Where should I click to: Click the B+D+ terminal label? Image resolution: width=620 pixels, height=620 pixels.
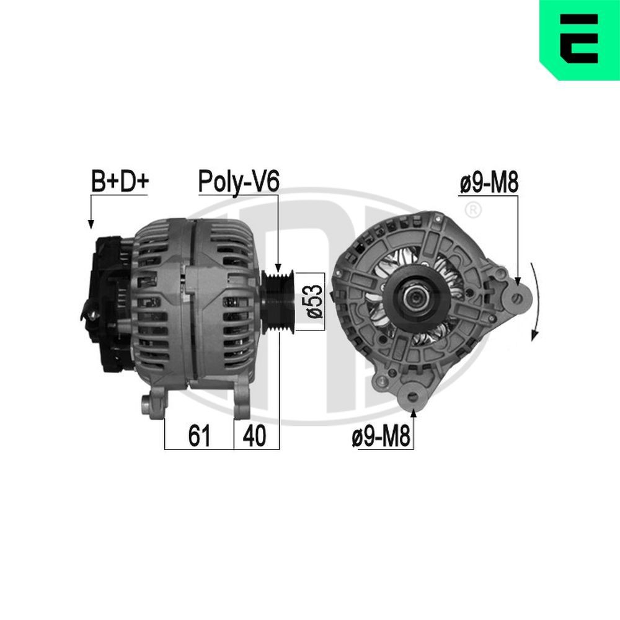click(x=120, y=182)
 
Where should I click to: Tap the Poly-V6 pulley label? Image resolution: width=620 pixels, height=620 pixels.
click(x=239, y=181)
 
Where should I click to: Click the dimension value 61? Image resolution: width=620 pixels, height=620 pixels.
click(x=198, y=436)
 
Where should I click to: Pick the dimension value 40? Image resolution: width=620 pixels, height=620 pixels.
click(x=255, y=436)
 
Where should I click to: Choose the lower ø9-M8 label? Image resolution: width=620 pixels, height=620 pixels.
click(x=381, y=438)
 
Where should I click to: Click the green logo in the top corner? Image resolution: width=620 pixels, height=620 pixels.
click(x=579, y=40)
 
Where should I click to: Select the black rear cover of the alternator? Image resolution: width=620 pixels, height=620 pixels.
click(x=108, y=304)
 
